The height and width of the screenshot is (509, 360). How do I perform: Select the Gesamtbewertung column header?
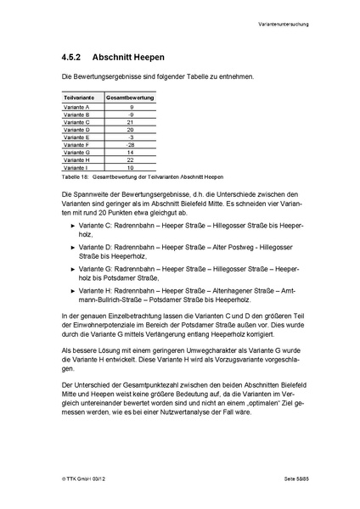pos(132,99)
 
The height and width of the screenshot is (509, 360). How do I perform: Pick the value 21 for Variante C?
pos(132,122)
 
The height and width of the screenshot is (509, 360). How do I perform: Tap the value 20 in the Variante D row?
pos(132,129)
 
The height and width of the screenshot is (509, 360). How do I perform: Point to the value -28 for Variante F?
pos(132,143)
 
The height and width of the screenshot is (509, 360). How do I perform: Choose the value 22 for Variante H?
pos(132,159)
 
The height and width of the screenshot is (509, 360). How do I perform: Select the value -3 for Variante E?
pos(132,137)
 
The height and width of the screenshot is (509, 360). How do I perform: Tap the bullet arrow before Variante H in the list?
pos(70,289)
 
